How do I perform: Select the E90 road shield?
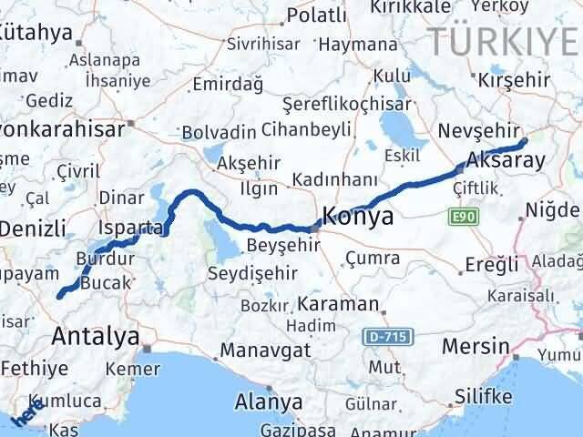tap(462, 217)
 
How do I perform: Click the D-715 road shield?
tap(389, 338)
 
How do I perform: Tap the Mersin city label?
tap(475, 347)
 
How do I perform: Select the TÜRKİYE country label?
tap(504, 40)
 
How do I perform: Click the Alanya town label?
tap(269, 401)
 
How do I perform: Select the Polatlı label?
tap(316, 15)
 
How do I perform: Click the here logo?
tap(28, 411)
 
